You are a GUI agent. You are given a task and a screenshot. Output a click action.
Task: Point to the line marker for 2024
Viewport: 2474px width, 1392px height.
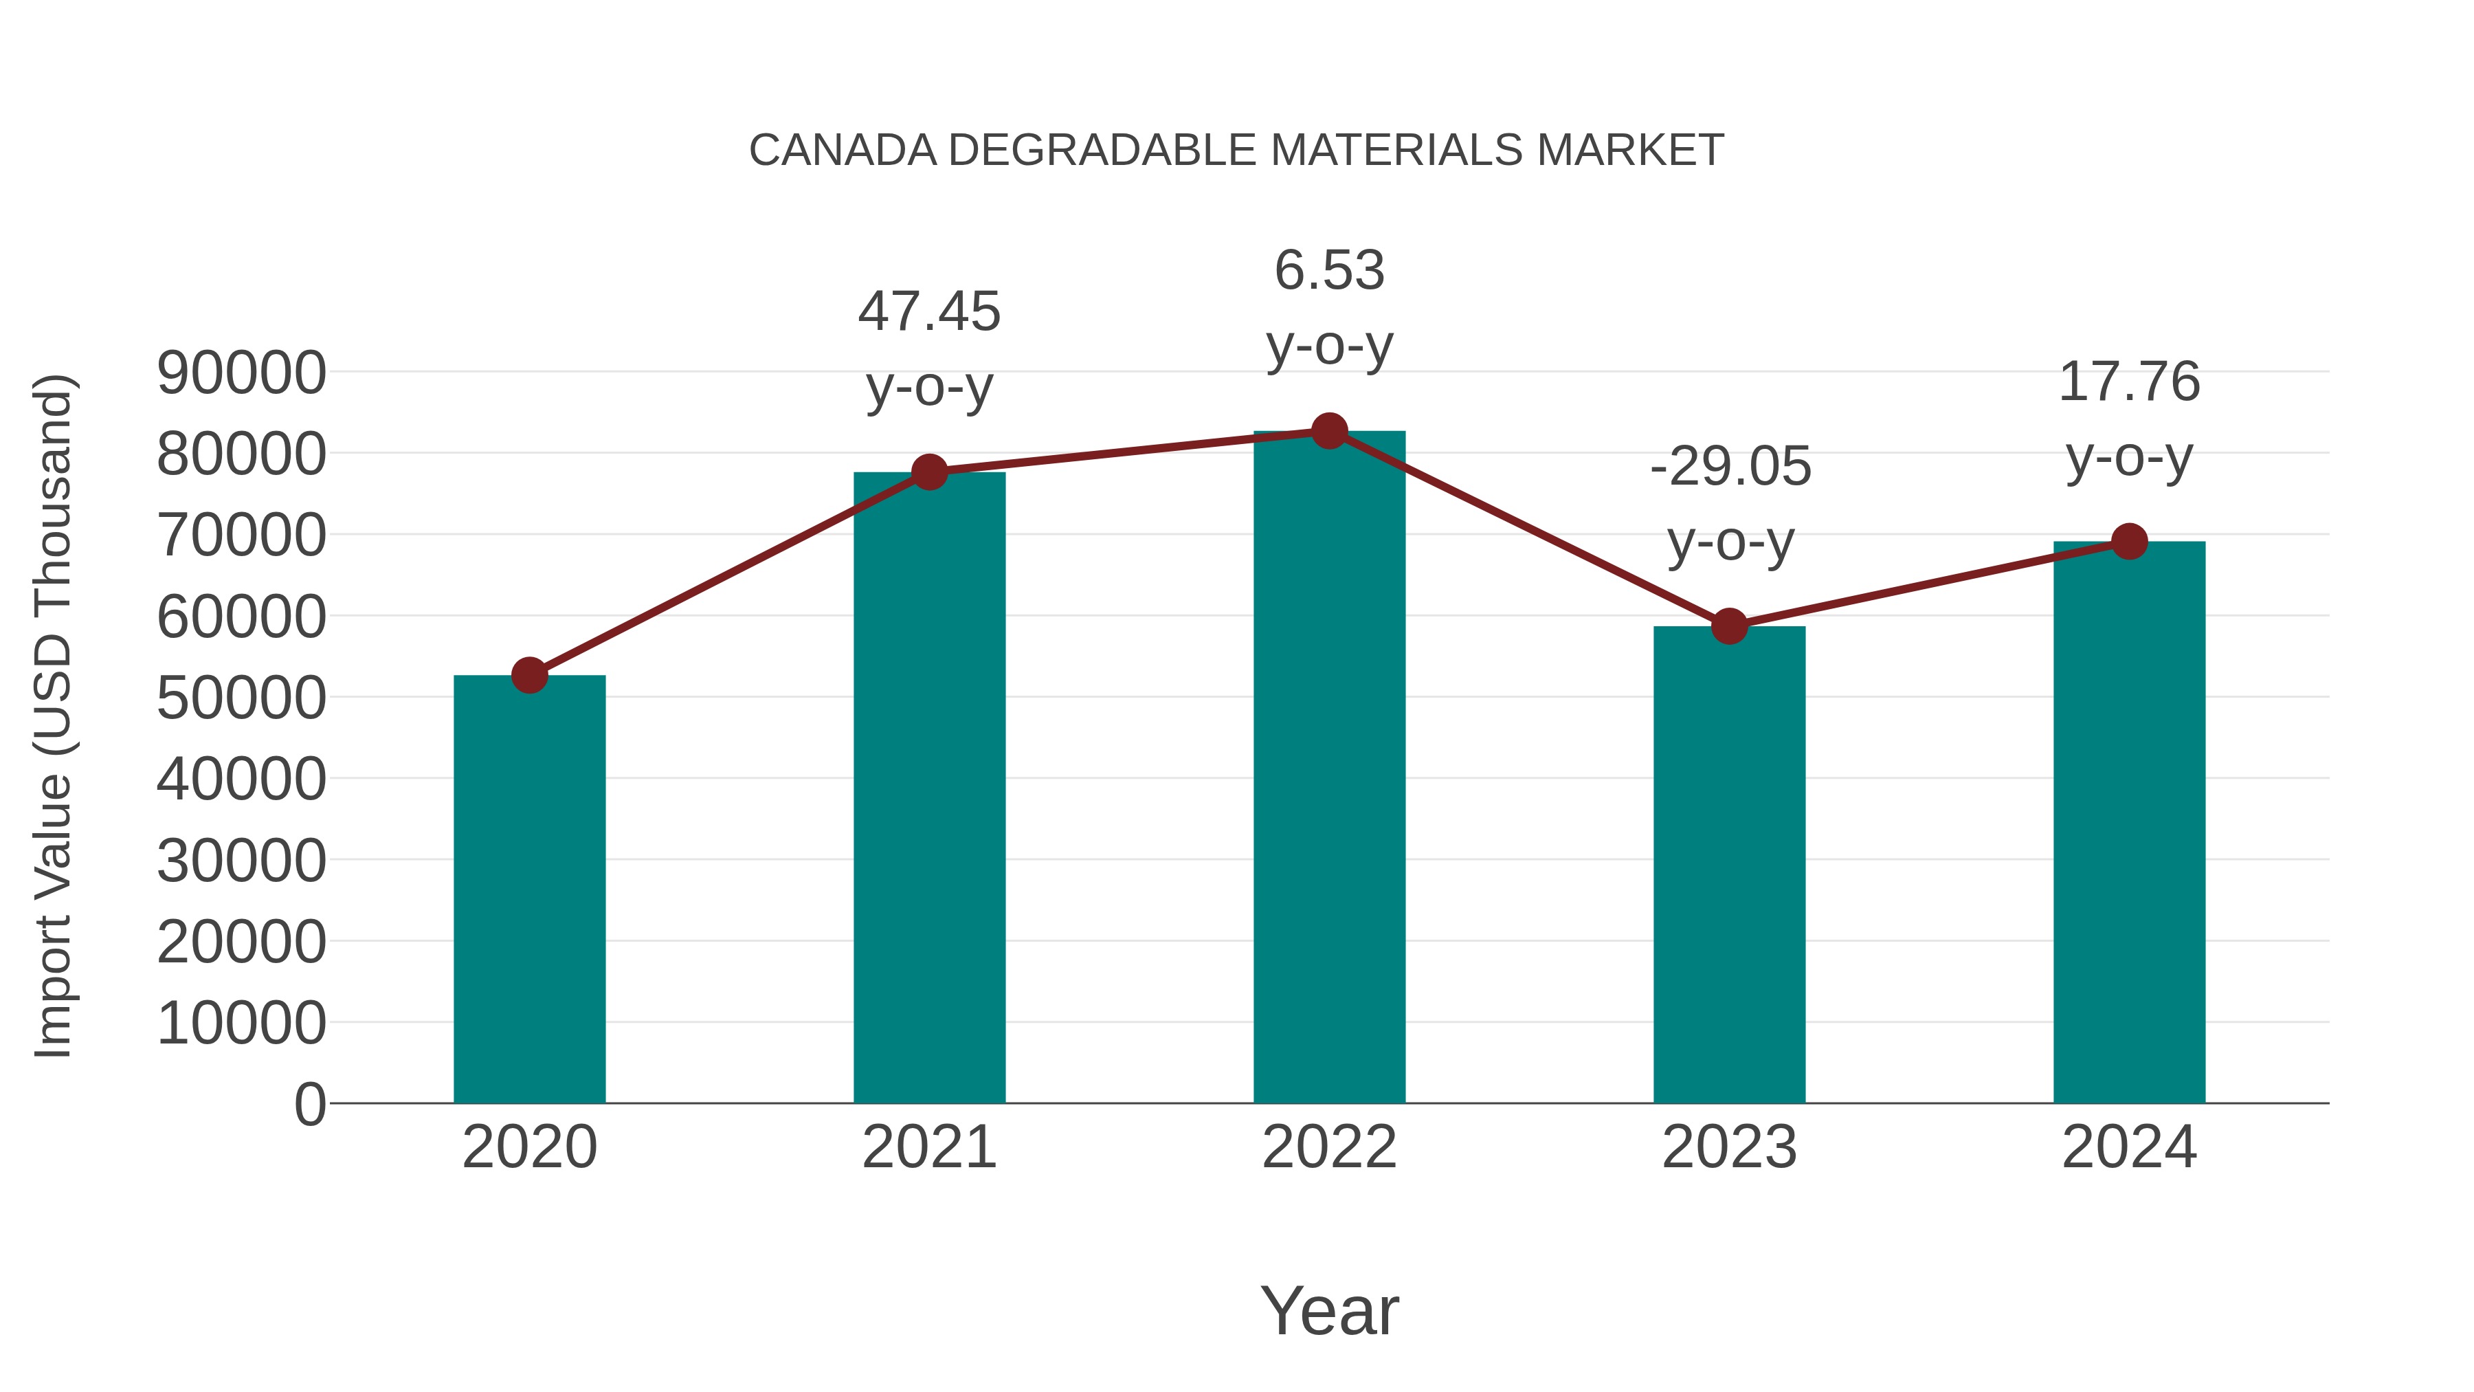click(2129, 542)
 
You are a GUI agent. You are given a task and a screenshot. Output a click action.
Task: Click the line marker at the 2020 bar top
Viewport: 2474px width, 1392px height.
click(529, 675)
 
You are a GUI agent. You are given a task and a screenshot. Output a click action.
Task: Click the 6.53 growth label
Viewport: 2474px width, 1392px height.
click(1329, 271)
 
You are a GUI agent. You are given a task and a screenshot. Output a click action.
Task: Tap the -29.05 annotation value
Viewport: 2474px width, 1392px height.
click(1730, 467)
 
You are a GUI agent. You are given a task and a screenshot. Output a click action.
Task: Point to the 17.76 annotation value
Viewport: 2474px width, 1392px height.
click(2129, 382)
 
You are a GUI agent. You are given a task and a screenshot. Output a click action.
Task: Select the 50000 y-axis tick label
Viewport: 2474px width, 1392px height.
click(241, 698)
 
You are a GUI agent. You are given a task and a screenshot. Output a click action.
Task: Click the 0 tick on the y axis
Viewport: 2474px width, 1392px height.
click(310, 1105)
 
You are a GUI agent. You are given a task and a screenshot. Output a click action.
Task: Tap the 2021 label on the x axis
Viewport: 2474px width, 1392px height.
click(928, 1147)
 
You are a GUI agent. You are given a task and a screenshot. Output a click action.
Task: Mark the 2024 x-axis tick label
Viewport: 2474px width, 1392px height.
click(2129, 1147)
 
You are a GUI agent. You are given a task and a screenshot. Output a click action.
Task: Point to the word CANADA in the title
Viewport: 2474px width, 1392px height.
click(843, 151)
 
